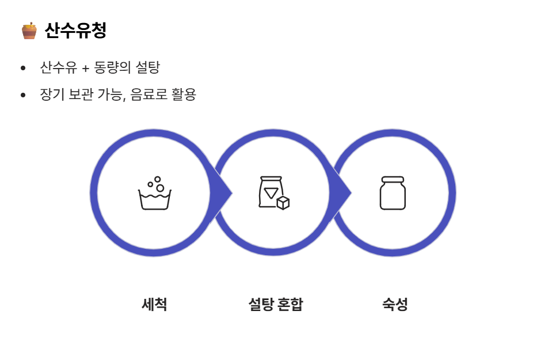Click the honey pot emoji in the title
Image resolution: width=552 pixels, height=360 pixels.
29,31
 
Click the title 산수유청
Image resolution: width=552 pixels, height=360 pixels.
75,31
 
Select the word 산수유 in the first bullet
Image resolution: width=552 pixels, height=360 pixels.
58,67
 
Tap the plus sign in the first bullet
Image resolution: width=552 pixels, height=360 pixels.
85,68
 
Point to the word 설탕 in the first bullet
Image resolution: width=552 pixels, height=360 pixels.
147,67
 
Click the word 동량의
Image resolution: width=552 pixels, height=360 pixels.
113,67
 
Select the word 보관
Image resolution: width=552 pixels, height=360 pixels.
81,94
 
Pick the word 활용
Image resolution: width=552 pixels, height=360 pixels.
184,94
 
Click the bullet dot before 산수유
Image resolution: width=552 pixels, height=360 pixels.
23,69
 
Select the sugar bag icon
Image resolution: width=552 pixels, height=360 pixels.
273,193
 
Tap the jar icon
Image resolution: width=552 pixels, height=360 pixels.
393,193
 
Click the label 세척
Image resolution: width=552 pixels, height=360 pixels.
154,304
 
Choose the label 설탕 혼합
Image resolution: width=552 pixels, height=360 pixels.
275,304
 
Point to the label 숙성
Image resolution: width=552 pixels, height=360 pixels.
395,304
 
